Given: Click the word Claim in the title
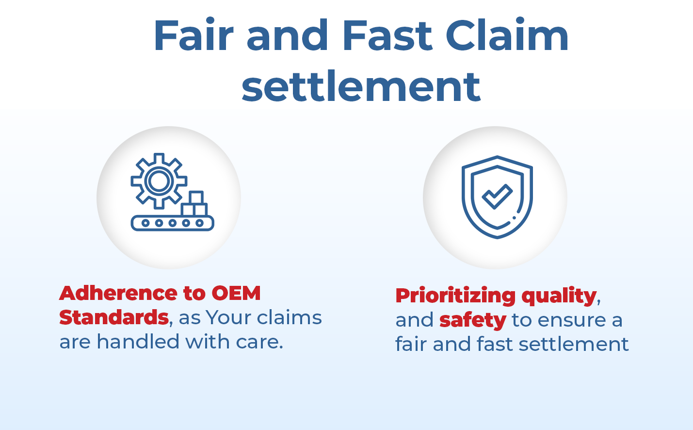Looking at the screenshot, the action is [x=507, y=34].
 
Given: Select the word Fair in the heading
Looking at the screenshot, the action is [x=193, y=34].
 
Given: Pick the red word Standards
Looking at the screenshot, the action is [x=114, y=317].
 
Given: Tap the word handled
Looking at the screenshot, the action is [x=138, y=342].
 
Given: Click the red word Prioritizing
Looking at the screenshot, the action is [x=455, y=296].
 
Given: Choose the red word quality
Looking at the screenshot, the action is [x=559, y=297].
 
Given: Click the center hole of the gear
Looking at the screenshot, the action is [x=159, y=181].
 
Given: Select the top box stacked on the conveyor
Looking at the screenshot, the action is [x=196, y=197].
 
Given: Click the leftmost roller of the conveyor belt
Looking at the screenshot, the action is [x=145, y=223].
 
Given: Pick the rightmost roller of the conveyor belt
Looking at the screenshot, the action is [x=199, y=223].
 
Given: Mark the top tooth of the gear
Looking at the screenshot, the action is [x=159, y=158].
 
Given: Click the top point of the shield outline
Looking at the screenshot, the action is [x=497, y=156].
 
